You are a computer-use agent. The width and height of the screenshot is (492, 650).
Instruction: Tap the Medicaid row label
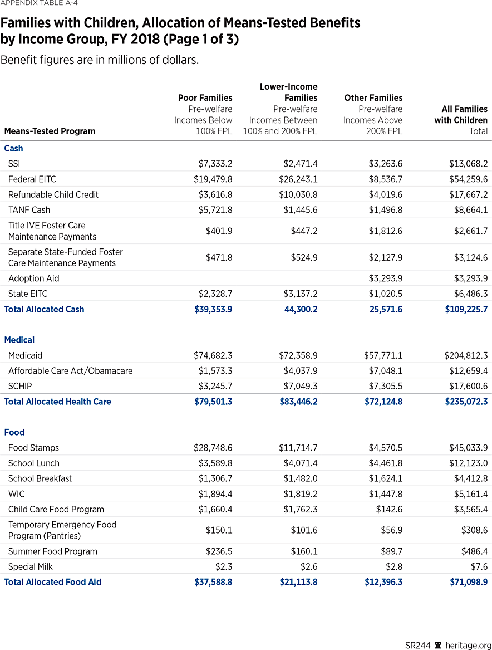pos(26,355)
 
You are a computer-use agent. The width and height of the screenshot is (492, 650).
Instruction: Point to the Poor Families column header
pos(205,98)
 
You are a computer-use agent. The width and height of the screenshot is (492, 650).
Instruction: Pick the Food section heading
pos(14,432)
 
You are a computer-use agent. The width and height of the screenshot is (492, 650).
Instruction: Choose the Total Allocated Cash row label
pos(45,309)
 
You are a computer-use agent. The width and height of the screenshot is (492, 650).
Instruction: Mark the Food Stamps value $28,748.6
pos(213,448)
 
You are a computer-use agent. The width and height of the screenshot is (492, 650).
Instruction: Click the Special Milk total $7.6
pos(480,566)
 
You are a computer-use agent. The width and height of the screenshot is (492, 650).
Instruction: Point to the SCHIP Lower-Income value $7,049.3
pos(298,386)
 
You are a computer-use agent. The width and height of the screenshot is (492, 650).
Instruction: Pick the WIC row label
pos(17,494)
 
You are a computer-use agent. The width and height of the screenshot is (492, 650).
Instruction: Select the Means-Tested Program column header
pos(50,131)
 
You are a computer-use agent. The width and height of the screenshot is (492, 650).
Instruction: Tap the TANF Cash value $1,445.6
pos(298,210)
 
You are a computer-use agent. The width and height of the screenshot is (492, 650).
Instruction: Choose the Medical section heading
pos(19,340)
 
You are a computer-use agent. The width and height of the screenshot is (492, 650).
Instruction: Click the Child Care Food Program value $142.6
pos(390,509)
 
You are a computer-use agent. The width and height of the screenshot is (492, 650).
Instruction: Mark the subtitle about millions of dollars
pos(100,60)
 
